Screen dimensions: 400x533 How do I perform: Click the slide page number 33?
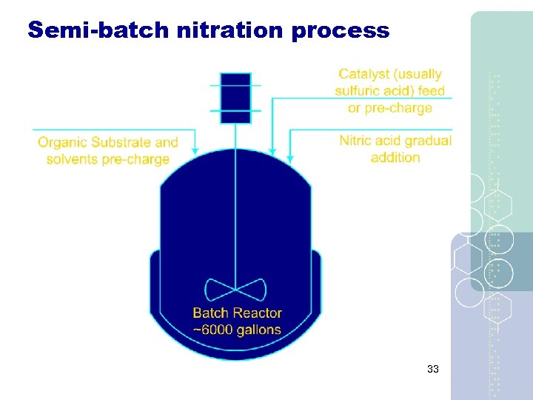click(433, 368)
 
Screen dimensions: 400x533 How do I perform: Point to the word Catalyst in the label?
click(365, 74)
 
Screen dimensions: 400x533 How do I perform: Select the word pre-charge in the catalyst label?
click(400, 108)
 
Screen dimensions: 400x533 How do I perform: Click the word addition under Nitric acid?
click(395, 157)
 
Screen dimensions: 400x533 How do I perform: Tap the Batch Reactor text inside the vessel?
click(237, 313)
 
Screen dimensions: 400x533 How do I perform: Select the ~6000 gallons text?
click(237, 330)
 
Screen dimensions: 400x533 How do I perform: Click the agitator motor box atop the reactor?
click(236, 98)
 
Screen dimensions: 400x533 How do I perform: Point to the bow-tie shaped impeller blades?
click(235, 289)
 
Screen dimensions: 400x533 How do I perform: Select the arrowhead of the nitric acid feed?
click(290, 158)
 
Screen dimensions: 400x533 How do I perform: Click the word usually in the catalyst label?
click(417, 74)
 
